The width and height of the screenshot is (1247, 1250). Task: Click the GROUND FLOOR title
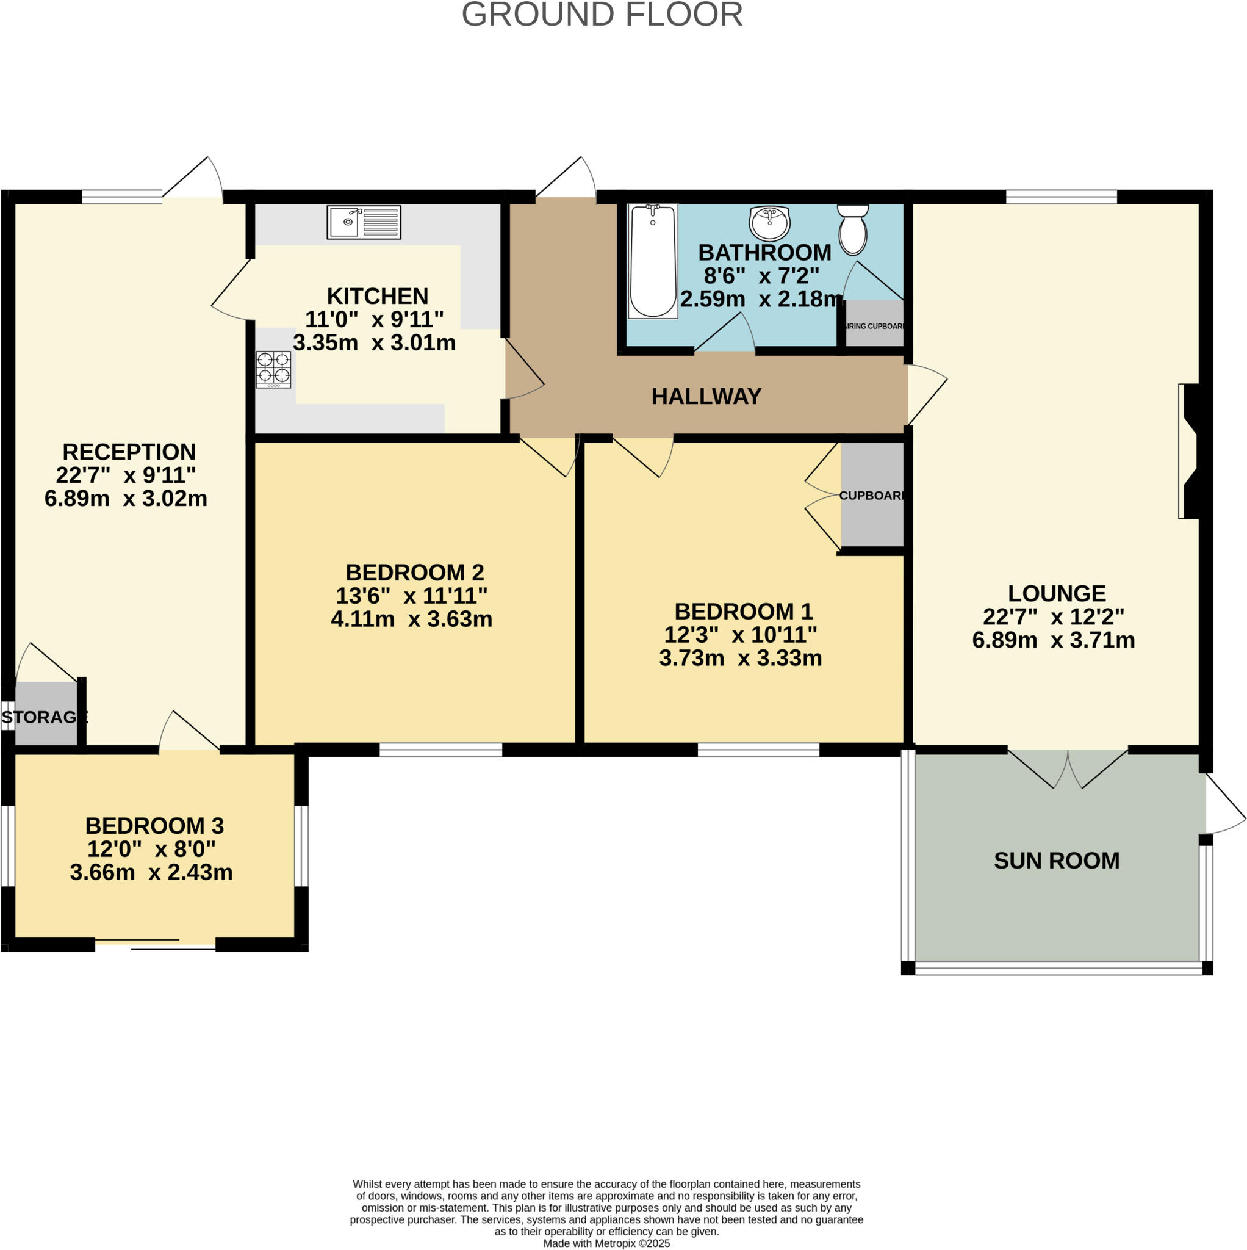click(x=602, y=14)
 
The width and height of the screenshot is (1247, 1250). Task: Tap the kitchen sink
click(x=364, y=222)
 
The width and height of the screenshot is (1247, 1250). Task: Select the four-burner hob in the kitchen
click(x=273, y=369)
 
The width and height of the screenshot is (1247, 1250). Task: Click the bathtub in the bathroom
click(x=653, y=261)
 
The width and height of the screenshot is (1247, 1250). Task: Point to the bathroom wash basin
click(x=769, y=223)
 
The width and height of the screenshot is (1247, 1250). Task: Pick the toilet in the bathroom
click(x=853, y=229)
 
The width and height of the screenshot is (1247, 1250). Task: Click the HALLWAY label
click(x=706, y=396)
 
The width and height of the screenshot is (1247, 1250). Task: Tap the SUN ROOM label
click(x=1056, y=861)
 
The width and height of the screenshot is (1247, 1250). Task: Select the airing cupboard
click(x=874, y=323)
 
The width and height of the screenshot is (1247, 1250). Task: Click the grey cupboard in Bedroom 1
click(x=872, y=495)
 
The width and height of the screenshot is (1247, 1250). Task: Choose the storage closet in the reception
click(x=46, y=713)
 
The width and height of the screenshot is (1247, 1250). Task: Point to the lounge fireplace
click(x=1190, y=451)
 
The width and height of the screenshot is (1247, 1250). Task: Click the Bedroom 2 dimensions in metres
click(x=411, y=619)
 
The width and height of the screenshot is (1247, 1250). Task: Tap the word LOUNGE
click(x=1057, y=593)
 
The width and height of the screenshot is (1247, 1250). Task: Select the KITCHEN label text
click(x=377, y=295)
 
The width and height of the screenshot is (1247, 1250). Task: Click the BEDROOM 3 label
click(x=154, y=826)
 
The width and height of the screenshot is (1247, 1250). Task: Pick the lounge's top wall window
click(x=1062, y=197)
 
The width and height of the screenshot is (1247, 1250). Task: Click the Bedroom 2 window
click(x=440, y=750)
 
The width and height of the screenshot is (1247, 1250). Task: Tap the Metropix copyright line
click(x=606, y=1243)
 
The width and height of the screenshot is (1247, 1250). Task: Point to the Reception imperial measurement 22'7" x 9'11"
click(x=126, y=475)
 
